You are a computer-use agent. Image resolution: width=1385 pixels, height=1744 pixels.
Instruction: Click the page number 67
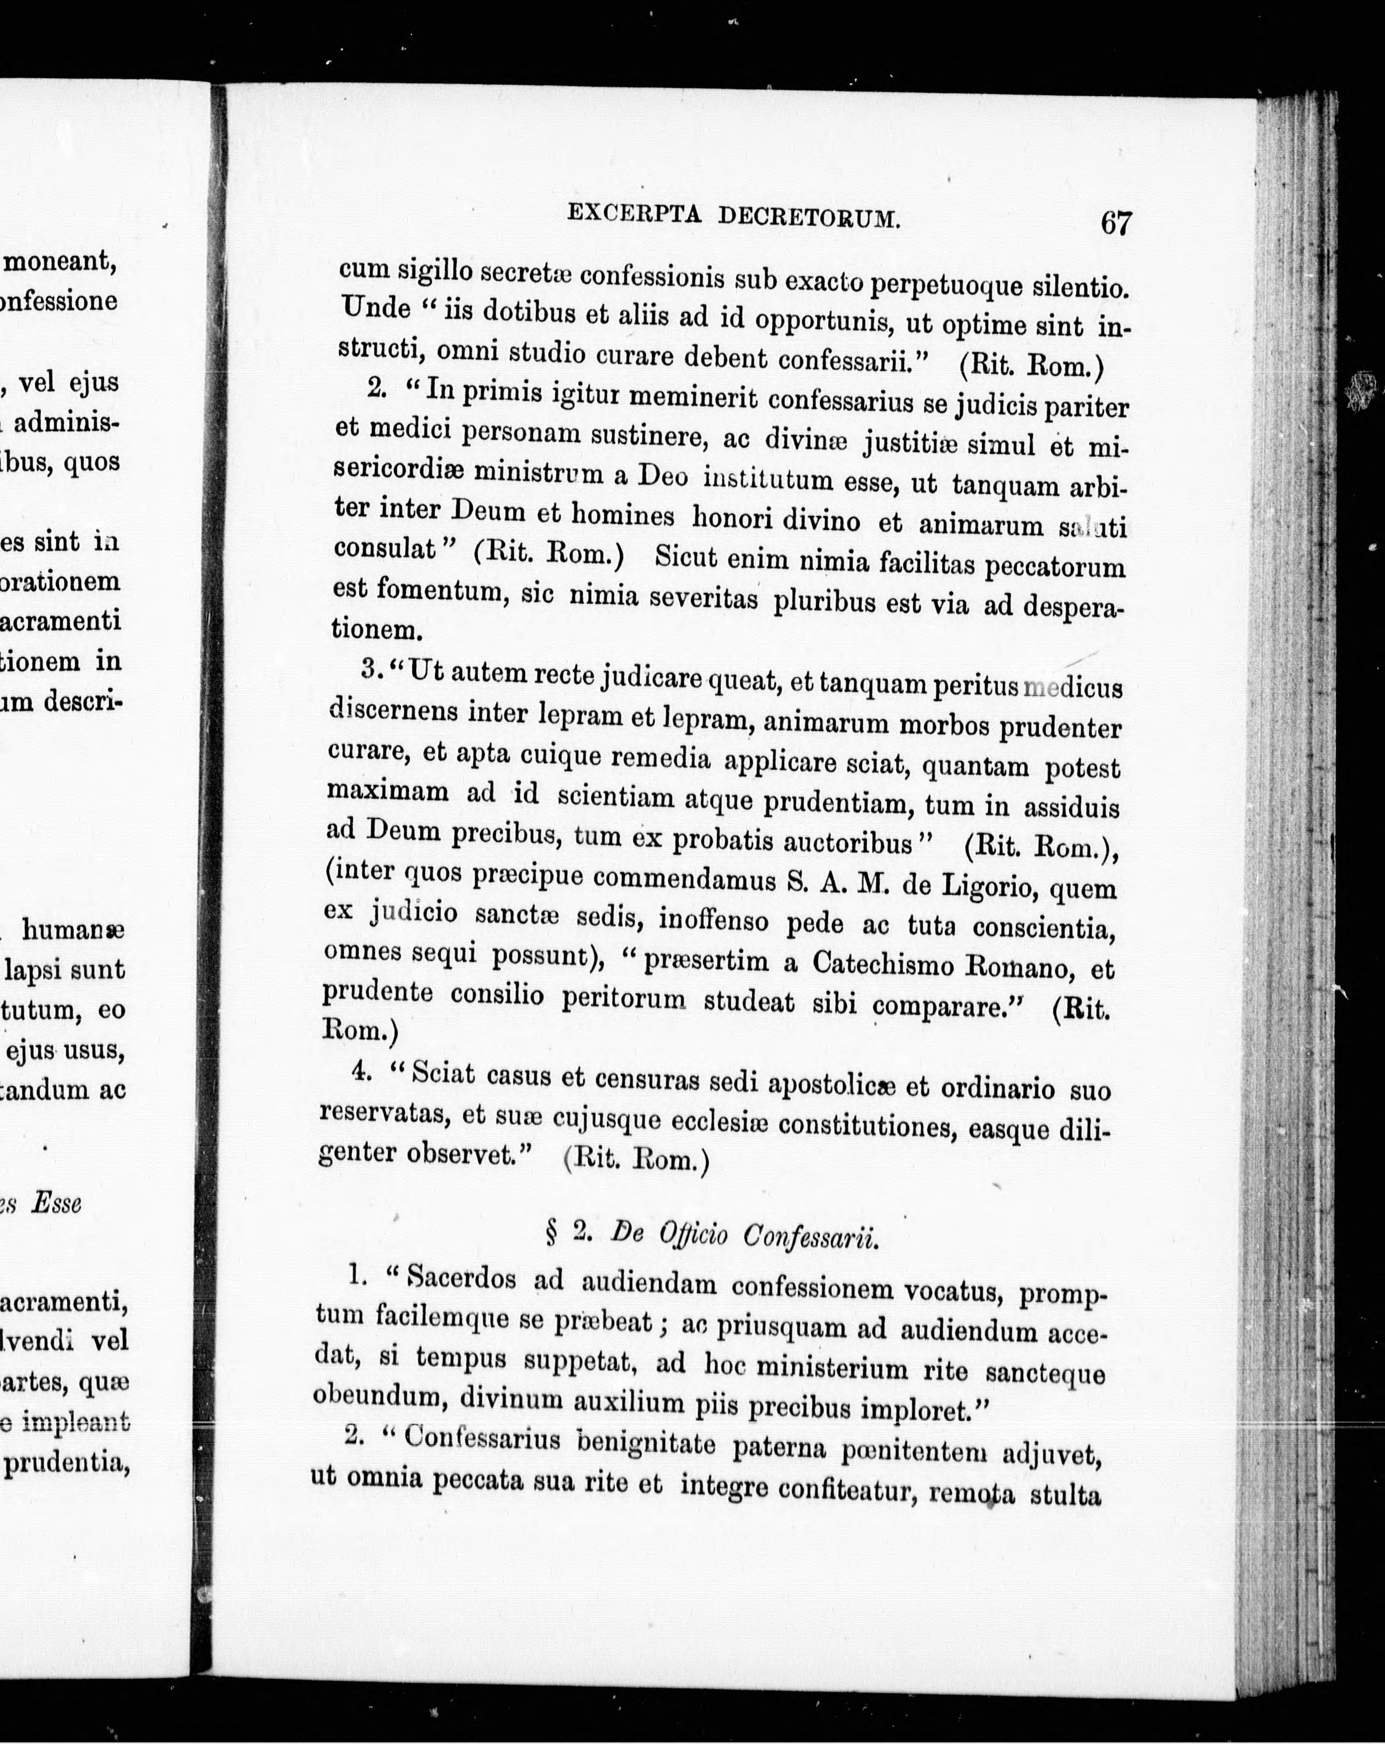tap(1115, 222)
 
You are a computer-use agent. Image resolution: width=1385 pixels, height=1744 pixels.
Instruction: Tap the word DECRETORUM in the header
tap(808, 217)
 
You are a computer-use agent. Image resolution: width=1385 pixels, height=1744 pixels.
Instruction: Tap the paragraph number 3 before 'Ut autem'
tap(370, 669)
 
